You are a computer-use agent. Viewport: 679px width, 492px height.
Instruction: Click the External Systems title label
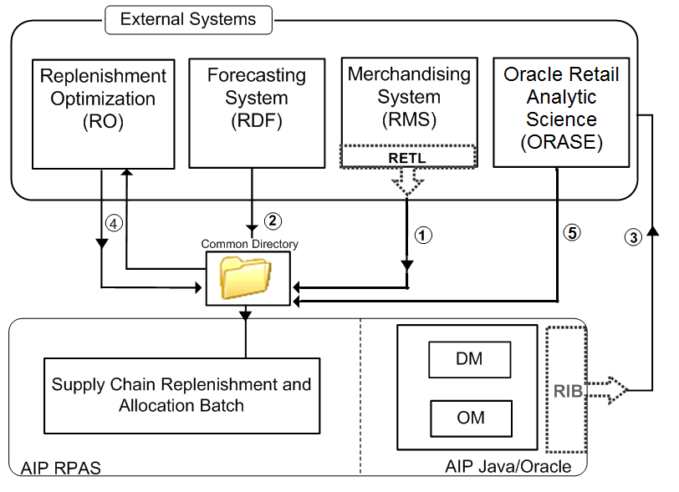187,18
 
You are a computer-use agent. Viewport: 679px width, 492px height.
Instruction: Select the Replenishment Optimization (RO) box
104,112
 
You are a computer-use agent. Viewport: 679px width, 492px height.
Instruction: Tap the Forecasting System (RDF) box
256,112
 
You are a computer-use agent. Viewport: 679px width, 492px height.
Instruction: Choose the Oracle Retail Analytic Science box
561,112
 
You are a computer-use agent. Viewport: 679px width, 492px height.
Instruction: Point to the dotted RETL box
408,155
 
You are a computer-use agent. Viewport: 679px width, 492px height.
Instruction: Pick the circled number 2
272,221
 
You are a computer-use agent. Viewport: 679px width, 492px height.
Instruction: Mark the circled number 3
634,236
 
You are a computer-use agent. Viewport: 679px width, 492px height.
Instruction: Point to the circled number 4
115,224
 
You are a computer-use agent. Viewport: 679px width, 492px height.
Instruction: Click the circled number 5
572,233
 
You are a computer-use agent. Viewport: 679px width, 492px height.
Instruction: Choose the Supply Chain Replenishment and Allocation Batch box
181,395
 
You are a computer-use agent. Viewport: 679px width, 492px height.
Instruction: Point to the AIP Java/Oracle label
508,466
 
